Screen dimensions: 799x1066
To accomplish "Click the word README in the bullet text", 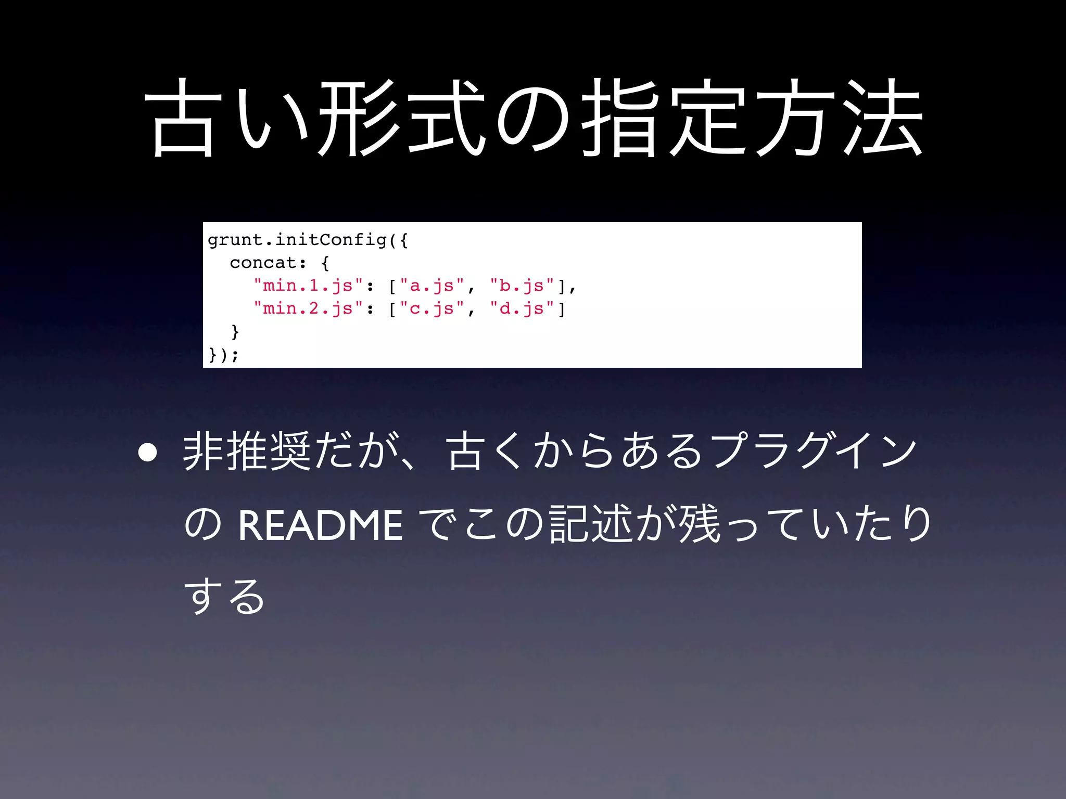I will [x=320, y=525].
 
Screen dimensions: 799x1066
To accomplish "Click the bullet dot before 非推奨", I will [x=148, y=453].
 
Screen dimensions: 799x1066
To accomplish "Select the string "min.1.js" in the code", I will [x=308, y=286].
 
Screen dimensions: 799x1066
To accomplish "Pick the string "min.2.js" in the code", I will [x=308, y=308].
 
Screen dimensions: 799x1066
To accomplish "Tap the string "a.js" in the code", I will [x=432, y=286].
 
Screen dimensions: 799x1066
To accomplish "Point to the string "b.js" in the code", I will [x=522, y=286].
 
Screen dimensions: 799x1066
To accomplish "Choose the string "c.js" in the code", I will [x=432, y=308].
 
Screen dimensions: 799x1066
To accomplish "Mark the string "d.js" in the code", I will [x=522, y=308].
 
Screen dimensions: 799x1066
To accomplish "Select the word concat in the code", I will [x=263, y=263].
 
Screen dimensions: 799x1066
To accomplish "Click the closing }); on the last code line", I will [x=223, y=355].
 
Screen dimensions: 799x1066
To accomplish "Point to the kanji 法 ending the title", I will [x=883, y=119].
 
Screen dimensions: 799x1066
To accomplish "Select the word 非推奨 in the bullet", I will [x=247, y=452].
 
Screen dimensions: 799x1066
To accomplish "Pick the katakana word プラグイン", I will [x=814, y=452].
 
